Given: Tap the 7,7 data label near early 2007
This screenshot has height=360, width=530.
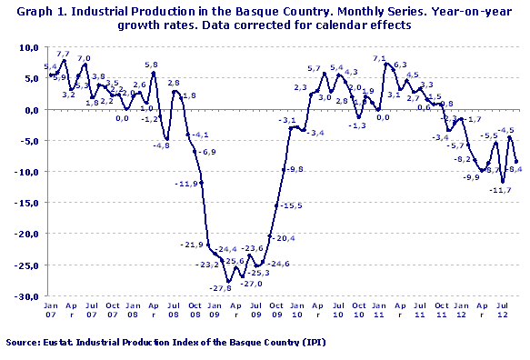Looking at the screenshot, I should (x=63, y=55).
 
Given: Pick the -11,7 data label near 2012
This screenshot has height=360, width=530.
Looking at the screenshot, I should (x=500, y=190).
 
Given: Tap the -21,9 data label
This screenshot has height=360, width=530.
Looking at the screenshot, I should (x=193, y=245).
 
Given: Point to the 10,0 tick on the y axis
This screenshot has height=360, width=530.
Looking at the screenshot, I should (x=30, y=47).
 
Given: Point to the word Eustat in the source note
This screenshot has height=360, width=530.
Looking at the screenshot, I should (x=65, y=344).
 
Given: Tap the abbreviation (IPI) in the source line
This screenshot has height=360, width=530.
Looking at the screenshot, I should (x=311, y=344).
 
